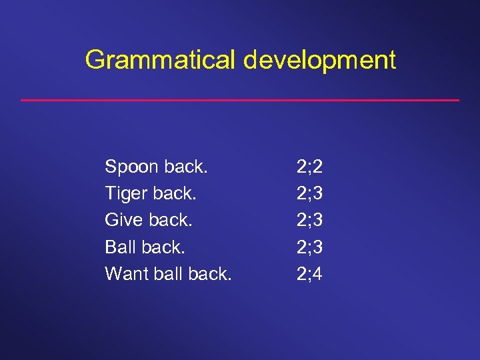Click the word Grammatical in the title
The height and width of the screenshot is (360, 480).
point(161,60)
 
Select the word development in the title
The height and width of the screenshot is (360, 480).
point(319,60)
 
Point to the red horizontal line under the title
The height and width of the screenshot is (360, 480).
point(240,100)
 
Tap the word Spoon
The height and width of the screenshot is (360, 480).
point(130,166)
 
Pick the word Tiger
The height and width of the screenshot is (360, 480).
point(127,193)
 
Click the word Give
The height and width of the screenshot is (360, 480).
point(124,219)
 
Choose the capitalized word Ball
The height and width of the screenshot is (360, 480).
point(120,247)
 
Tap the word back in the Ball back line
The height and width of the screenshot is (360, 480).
point(164,247)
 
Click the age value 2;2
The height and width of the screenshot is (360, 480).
point(309,166)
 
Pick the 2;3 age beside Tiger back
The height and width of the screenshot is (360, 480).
point(309,193)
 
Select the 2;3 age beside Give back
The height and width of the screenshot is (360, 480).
point(309,219)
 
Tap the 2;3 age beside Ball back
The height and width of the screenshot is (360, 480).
point(309,247)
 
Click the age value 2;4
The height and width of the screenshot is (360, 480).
point(309,273)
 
